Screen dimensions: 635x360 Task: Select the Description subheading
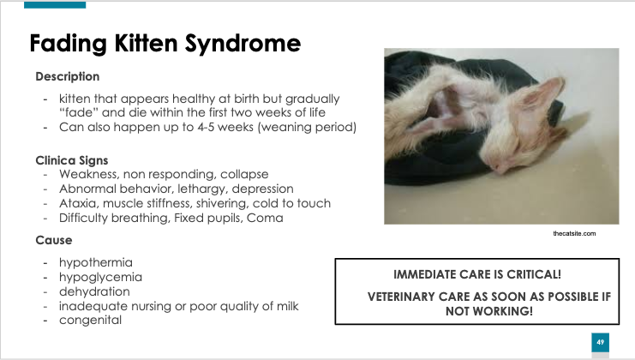point(67,76)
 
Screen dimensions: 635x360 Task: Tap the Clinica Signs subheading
point(72,160)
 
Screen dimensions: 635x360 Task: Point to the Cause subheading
point(54,240)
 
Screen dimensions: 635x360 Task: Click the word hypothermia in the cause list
point(96,263)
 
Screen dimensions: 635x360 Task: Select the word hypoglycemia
point(100,278)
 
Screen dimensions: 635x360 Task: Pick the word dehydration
point(94,291)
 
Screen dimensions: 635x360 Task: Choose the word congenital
point(90,321)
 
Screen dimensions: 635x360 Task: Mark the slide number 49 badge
point(600,342)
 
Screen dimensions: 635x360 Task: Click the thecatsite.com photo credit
point(574,233)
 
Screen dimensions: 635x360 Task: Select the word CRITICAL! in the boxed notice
point(534,274)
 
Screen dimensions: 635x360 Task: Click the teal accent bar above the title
point(55,5)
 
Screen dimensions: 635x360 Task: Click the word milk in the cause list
point(288,306)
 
